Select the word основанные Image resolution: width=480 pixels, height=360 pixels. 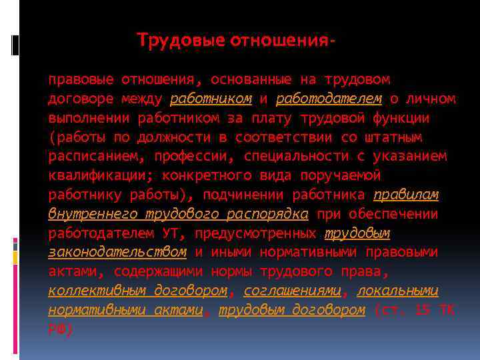(x=251, y=80)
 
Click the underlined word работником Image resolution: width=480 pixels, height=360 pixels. (x=211, y=99)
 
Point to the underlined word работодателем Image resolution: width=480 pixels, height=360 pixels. (x=329, y=99)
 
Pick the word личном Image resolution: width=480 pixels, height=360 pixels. (x=431, y=99)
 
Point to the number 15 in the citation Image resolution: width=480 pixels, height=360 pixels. (x=423, y=311)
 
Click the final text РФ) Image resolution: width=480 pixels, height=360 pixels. (x=61, y=330)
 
